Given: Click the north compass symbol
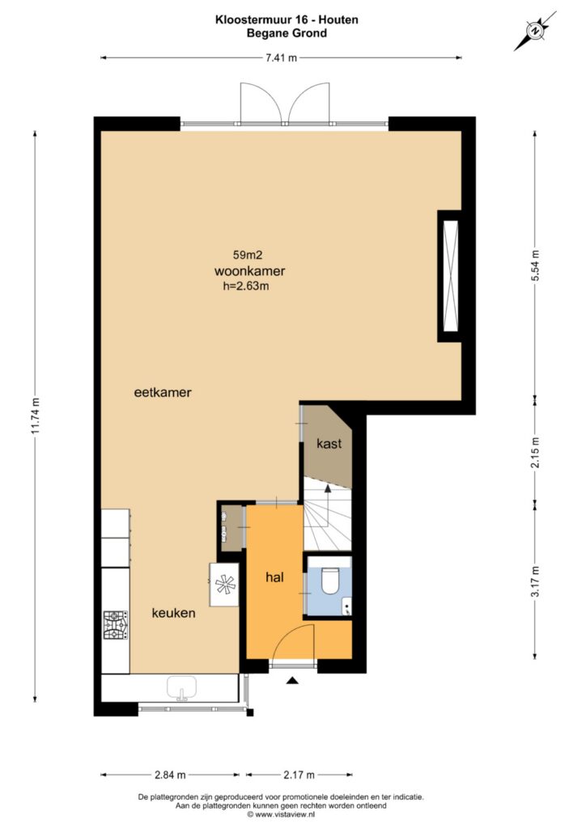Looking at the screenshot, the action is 535,32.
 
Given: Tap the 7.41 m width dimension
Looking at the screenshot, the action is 281,57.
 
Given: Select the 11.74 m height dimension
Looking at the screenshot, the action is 36,415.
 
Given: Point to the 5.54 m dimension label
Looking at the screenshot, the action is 535,265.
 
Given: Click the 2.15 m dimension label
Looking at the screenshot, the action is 535,452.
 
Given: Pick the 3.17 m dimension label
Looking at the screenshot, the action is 535,581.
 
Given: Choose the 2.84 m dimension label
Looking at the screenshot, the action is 170,775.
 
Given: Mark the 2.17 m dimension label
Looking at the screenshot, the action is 299,775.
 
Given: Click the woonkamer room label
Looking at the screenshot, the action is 249,271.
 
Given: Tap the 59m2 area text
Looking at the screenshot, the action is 248,255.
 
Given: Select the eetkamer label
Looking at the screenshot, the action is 163,392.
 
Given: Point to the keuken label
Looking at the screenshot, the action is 173,613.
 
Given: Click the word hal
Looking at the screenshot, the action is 274,577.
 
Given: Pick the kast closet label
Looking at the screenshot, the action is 329,444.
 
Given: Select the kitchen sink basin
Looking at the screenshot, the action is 182,688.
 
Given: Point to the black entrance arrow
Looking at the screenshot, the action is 292,681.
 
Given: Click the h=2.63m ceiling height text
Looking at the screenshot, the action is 246,286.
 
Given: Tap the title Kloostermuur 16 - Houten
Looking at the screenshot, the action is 287,19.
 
